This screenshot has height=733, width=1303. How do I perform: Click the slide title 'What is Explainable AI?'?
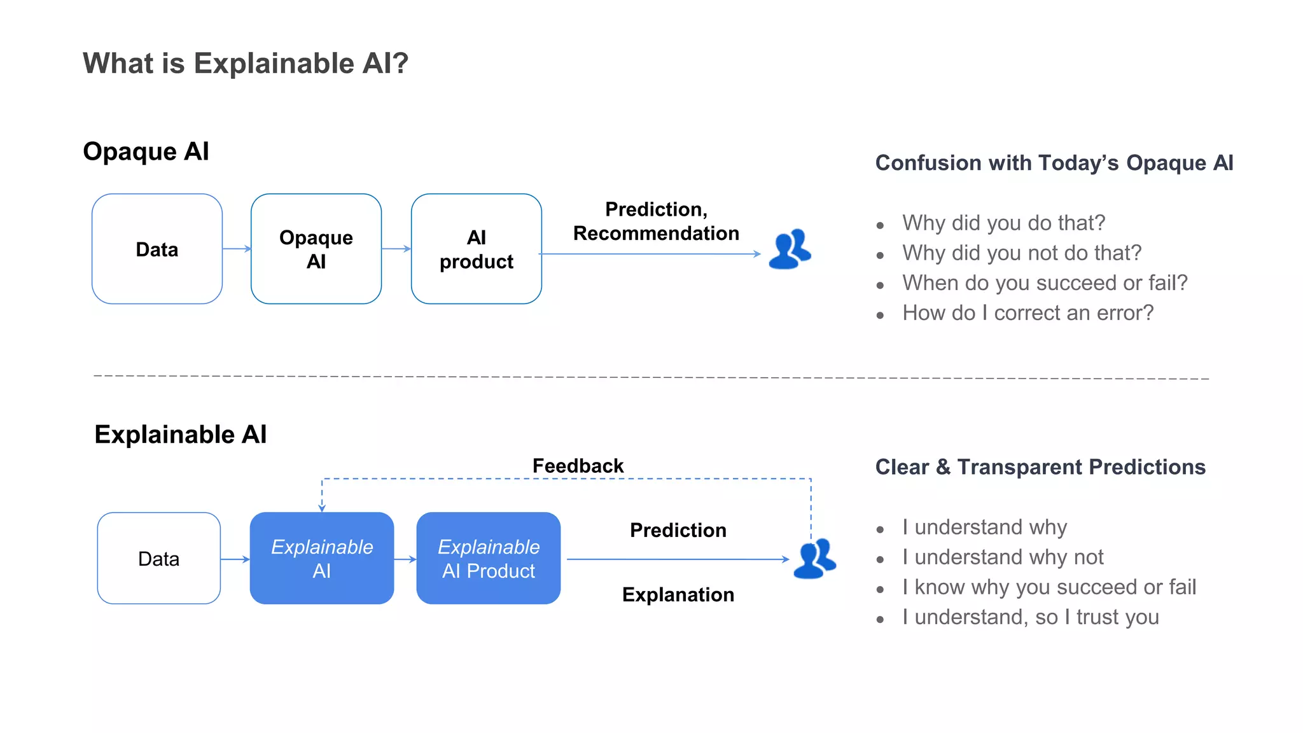[x=245, y=64]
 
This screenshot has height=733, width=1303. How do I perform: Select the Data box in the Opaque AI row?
[x=157, y=249]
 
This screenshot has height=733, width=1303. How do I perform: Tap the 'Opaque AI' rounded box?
[x=316, y=249]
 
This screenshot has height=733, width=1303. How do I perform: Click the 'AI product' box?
[x=477, y=249]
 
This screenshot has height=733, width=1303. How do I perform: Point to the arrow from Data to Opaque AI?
[x=237, y=249]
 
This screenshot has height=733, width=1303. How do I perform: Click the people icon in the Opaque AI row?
[x=790, y=249]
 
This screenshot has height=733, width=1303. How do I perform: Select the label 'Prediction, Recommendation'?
[x=656, y=221]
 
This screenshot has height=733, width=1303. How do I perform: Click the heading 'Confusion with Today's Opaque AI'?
[x=1054, y=163]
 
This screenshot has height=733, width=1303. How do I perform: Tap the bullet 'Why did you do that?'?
[x=1003, y=223]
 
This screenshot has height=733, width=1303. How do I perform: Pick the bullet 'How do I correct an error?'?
[x=1028, y=313]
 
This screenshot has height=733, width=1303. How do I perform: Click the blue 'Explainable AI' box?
[x=322, y=558]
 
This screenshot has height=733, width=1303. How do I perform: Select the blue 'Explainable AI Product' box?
[x=489, y=558]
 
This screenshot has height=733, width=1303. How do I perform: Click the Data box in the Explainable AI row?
[x=159, y=558]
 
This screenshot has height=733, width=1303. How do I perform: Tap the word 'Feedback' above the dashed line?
[x=578, y=466]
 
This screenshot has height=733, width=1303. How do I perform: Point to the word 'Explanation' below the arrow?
[x=678, y=594]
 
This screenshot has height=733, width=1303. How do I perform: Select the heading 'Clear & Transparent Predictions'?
[x=1040, y=467]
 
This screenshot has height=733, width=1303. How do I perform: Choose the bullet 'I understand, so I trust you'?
[x=1030, y=617]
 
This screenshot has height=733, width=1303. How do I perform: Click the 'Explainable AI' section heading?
[x=181, y=435]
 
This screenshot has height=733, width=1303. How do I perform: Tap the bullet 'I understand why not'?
[x=1003, y=557]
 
